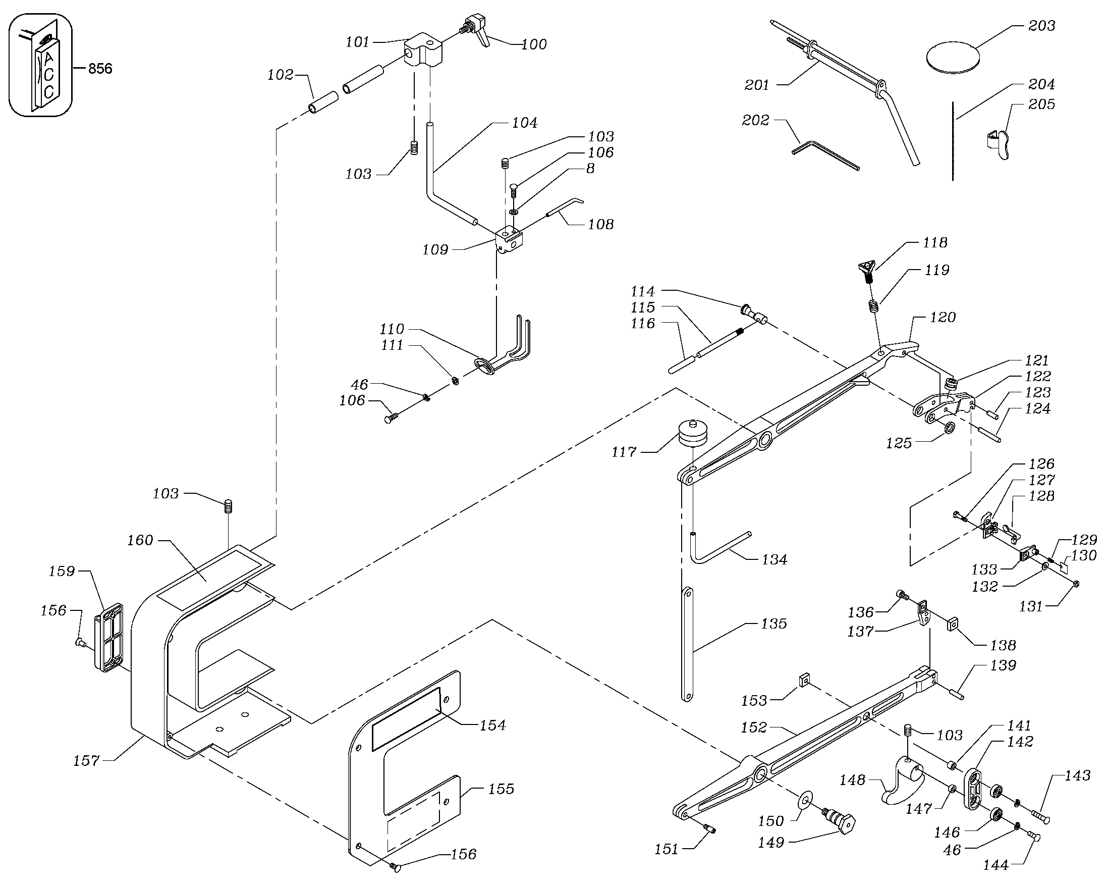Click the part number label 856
(x=100, y=69)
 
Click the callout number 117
(x=624, y=452)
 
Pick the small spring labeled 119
(x=873, y=306)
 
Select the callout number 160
(x=140, y=540)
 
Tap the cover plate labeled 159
(x=109, y=638)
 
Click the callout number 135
(x=774, y=624)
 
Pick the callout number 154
(x=492, y=725)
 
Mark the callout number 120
(x=943, y=318)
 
